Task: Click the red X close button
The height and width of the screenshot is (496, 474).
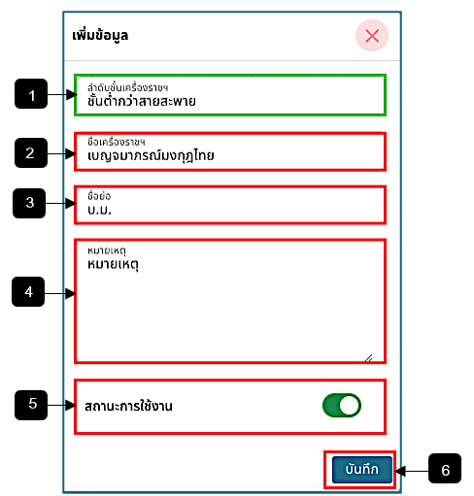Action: click(372, 36)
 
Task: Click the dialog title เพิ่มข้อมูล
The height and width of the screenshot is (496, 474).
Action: click(100, 35)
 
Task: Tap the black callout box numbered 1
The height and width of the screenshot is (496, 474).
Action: click(31, 94)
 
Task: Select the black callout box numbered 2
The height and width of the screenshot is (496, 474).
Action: click(31, 152)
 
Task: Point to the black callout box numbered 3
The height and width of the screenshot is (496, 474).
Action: click(29, 203)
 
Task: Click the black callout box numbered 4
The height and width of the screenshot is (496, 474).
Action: click(28, 291)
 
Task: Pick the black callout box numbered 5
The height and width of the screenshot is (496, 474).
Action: click(31, 405)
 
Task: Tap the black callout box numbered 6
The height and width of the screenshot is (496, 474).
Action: click(445, 469)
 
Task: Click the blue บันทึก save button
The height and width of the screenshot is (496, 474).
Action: click(362, 470)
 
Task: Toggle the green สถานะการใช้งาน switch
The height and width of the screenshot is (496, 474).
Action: click(342, 406)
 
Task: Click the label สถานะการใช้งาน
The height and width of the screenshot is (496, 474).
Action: click(128, 406)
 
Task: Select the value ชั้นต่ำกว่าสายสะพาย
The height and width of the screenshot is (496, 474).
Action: click(142, 101)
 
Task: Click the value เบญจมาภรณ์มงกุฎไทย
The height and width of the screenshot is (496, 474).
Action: click(151, 156)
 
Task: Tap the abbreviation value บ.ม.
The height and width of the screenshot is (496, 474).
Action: click(99, 211)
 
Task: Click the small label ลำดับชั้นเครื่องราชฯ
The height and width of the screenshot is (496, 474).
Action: click(127, 87)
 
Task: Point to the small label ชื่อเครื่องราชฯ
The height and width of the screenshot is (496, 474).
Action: click(117, 142)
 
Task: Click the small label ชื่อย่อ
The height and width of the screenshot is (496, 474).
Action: click(99, 196)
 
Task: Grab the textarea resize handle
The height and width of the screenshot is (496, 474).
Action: click(369, 358)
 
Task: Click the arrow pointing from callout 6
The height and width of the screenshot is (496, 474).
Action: click(411, 471)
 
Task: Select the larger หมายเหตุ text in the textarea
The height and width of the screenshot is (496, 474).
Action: click(113, 265)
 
